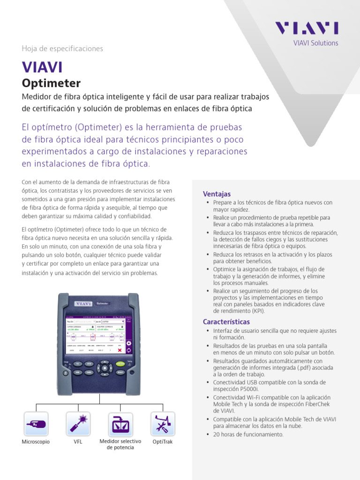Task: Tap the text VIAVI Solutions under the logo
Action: [x=315, y=43]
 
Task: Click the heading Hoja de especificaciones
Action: [x=62, y=49]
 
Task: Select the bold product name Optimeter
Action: [x=51, y=83]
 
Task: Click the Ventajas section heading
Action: [x=217, y=194]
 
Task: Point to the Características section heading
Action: [x=226, y=322]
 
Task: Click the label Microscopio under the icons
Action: [x=36, y=442]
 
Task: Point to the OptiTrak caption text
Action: [x=163, y=442]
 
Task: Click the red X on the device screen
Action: [x=120, y=350]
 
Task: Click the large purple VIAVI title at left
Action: [x=42, y=67]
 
